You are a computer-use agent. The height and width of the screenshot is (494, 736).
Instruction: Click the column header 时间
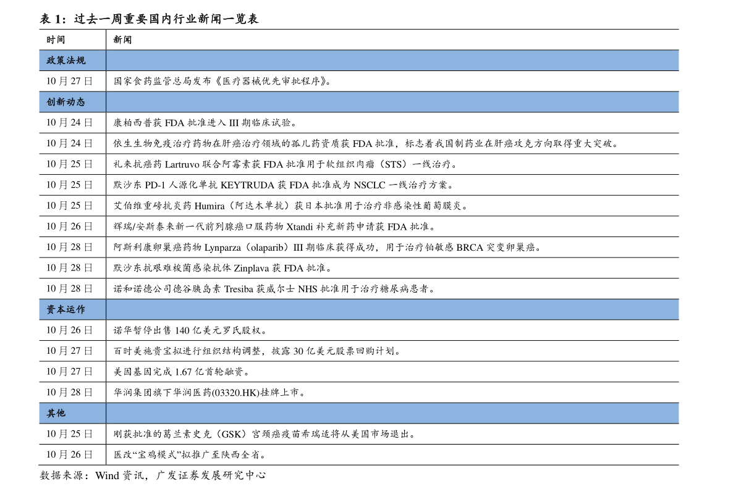click(x=56, y=40)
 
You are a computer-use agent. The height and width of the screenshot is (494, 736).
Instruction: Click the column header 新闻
click(x=122, y=40)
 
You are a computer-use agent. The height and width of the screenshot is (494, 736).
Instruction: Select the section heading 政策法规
click(x=66, y=61)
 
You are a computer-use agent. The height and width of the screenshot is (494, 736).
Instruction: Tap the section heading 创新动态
click(x=66, y=102)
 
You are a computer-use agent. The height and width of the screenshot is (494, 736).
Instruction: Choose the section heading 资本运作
click(x=66, y=309)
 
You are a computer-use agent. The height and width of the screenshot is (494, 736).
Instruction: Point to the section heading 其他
click(x=56, y=413)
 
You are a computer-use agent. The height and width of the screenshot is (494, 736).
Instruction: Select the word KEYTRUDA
click(x=247, y=185)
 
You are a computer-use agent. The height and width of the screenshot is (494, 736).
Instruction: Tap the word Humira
click(x=209, y=206)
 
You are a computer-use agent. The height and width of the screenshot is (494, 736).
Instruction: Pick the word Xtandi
click(x=300, y=227)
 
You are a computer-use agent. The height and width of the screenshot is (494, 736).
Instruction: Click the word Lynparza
click(x=222, y=248)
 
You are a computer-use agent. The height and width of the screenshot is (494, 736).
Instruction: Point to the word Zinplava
click(x=251, y=269)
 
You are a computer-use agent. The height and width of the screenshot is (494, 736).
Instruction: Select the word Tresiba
click(x=239, y=289)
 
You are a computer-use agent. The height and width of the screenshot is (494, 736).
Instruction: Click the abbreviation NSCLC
click(x=370, y=185)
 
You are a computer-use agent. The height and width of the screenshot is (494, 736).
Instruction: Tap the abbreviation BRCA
click(x=470, y=247)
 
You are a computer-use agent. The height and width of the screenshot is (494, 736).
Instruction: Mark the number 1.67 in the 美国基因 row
click(x=184, y=372)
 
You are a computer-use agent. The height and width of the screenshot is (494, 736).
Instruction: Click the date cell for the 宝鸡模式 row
click(x=69, y=454)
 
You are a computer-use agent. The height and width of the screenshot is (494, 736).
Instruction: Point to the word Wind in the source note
click(x=108, y=475)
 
